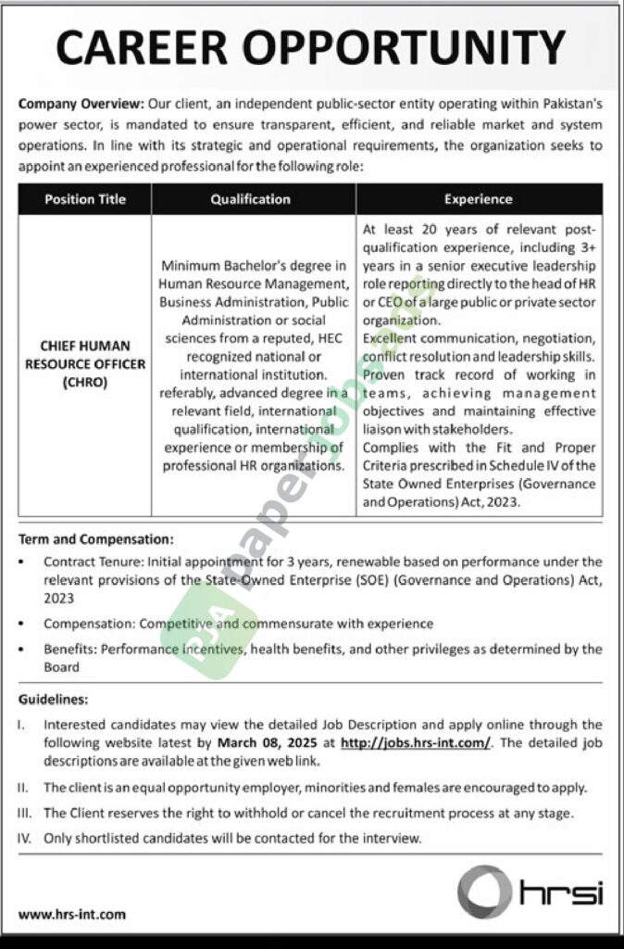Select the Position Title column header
click(x=84, y=199)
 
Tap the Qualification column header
click(x=250, y=199)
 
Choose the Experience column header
click(x=478, y=199)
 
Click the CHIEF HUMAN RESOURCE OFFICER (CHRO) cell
click(x=84, y=364)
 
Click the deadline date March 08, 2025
click(x=264, y=743)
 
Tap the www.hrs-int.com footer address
click(x=71, y=914)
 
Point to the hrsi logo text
click(x=561, y=893)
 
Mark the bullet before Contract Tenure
click(x=23, y=563)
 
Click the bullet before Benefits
click(x=23, y=650)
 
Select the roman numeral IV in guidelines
click(x=25, y=838)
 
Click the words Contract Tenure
click(x=82, y=562)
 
